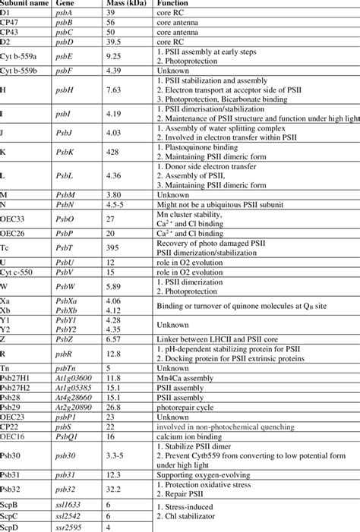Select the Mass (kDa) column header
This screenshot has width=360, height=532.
pos(125,5)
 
